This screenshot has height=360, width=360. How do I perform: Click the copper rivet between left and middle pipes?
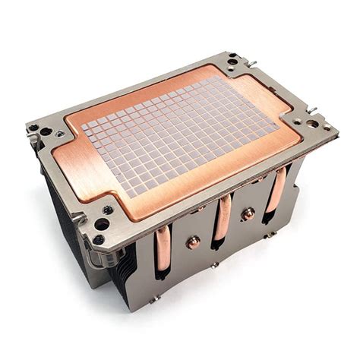coord(194,242)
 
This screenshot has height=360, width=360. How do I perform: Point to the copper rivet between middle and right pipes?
coord(248,214)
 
